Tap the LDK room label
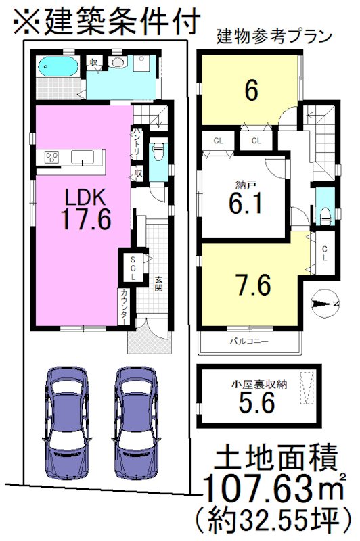(84, 196)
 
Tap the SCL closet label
(133, 268)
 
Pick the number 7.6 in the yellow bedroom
(254, 285)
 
